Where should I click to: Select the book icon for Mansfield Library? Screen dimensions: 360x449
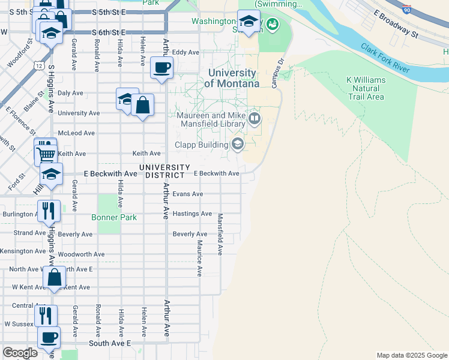coord(255,118)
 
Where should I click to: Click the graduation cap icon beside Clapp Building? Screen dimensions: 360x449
coord(238,143)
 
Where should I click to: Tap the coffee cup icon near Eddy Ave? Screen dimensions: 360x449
coord(161,67)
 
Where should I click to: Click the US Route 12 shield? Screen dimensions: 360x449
coord(39,64)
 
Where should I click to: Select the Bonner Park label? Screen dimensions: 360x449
coord(114,218)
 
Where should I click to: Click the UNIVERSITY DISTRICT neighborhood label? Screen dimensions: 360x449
coord(164,171)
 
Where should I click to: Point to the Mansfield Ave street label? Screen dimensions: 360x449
coord(220,234)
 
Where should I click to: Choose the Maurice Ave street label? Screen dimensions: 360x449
coord(199,258)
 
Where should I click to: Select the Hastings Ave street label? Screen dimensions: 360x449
coord(191,214)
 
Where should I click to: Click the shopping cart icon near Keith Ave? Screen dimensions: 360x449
coord(46,155)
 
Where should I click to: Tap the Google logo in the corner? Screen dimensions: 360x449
coord(20,353)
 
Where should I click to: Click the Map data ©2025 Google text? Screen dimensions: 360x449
coord(411,355)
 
